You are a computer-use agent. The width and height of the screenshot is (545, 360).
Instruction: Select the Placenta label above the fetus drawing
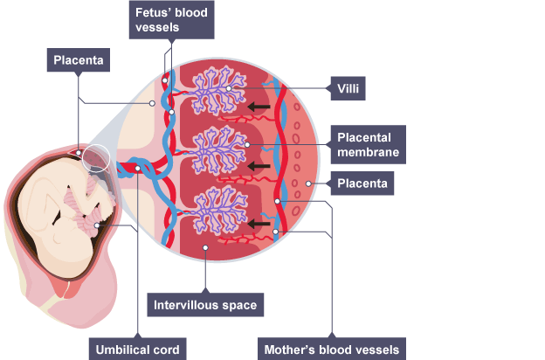[79, 60]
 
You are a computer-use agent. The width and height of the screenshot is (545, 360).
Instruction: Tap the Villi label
[348, 87]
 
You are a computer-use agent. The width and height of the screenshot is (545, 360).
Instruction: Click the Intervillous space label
[204, 307]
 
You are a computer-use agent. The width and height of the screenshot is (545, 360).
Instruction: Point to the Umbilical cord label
[138, 350]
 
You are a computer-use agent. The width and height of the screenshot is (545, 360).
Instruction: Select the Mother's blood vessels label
[332, 350]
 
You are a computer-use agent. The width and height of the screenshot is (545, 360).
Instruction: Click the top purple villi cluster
[210, 88]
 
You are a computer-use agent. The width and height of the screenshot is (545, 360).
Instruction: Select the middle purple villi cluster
[210, 148]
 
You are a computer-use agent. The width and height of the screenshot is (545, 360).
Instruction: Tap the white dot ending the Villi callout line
[228, 88]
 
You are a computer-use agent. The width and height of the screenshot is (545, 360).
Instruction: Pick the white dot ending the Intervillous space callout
[204, 247]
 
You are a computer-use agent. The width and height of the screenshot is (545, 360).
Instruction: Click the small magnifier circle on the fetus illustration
[96, 158]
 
